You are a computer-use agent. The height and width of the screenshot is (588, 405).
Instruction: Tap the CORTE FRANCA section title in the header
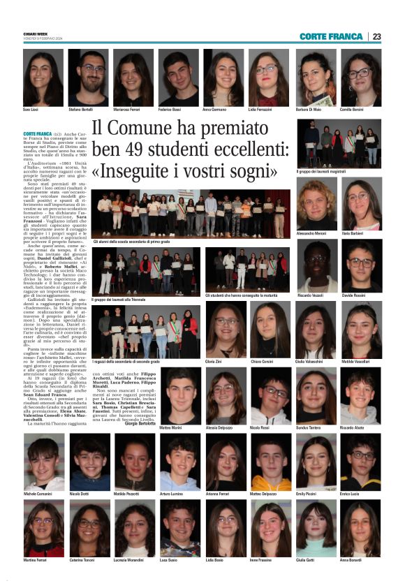coord(330,36)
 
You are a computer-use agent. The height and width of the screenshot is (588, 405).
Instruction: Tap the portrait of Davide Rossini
coord(361,265)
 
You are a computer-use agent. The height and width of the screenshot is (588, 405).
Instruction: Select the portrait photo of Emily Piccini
coord(316,462)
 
